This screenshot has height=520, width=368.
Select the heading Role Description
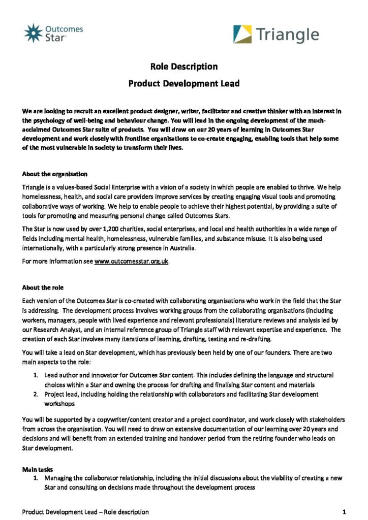[x=183, y=67]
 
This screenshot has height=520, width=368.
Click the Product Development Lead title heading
[x=183, y=83]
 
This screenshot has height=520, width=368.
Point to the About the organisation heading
[x=55, y=174]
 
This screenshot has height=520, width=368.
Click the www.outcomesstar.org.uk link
[x=131, y=262]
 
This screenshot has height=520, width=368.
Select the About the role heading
[x=43, y=287]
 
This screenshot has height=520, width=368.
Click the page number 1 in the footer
[x=344, y=511]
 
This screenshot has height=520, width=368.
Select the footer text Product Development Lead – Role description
[x=85, y=511]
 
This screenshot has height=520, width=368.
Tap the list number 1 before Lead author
[x=36, y=375]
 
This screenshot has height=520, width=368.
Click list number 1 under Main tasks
[x=36, y=478]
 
